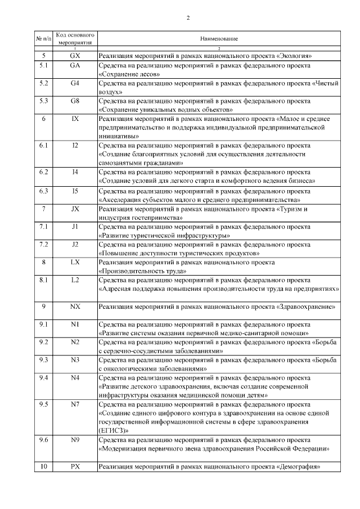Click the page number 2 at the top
point(188,17)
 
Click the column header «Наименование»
point(219,39)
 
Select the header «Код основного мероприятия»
point(75,38)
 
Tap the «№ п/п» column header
point(44,39)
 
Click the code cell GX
point(75,56)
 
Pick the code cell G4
point(75,83)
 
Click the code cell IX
point(75,119)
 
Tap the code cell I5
point(75,191)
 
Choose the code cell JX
point(75,209)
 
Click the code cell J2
point(75,245)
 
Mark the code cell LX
point(75,262)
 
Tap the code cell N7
point(75,404)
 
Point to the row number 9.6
point(44,439)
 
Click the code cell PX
point(75,467)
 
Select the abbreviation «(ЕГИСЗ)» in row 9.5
point(113,430)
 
